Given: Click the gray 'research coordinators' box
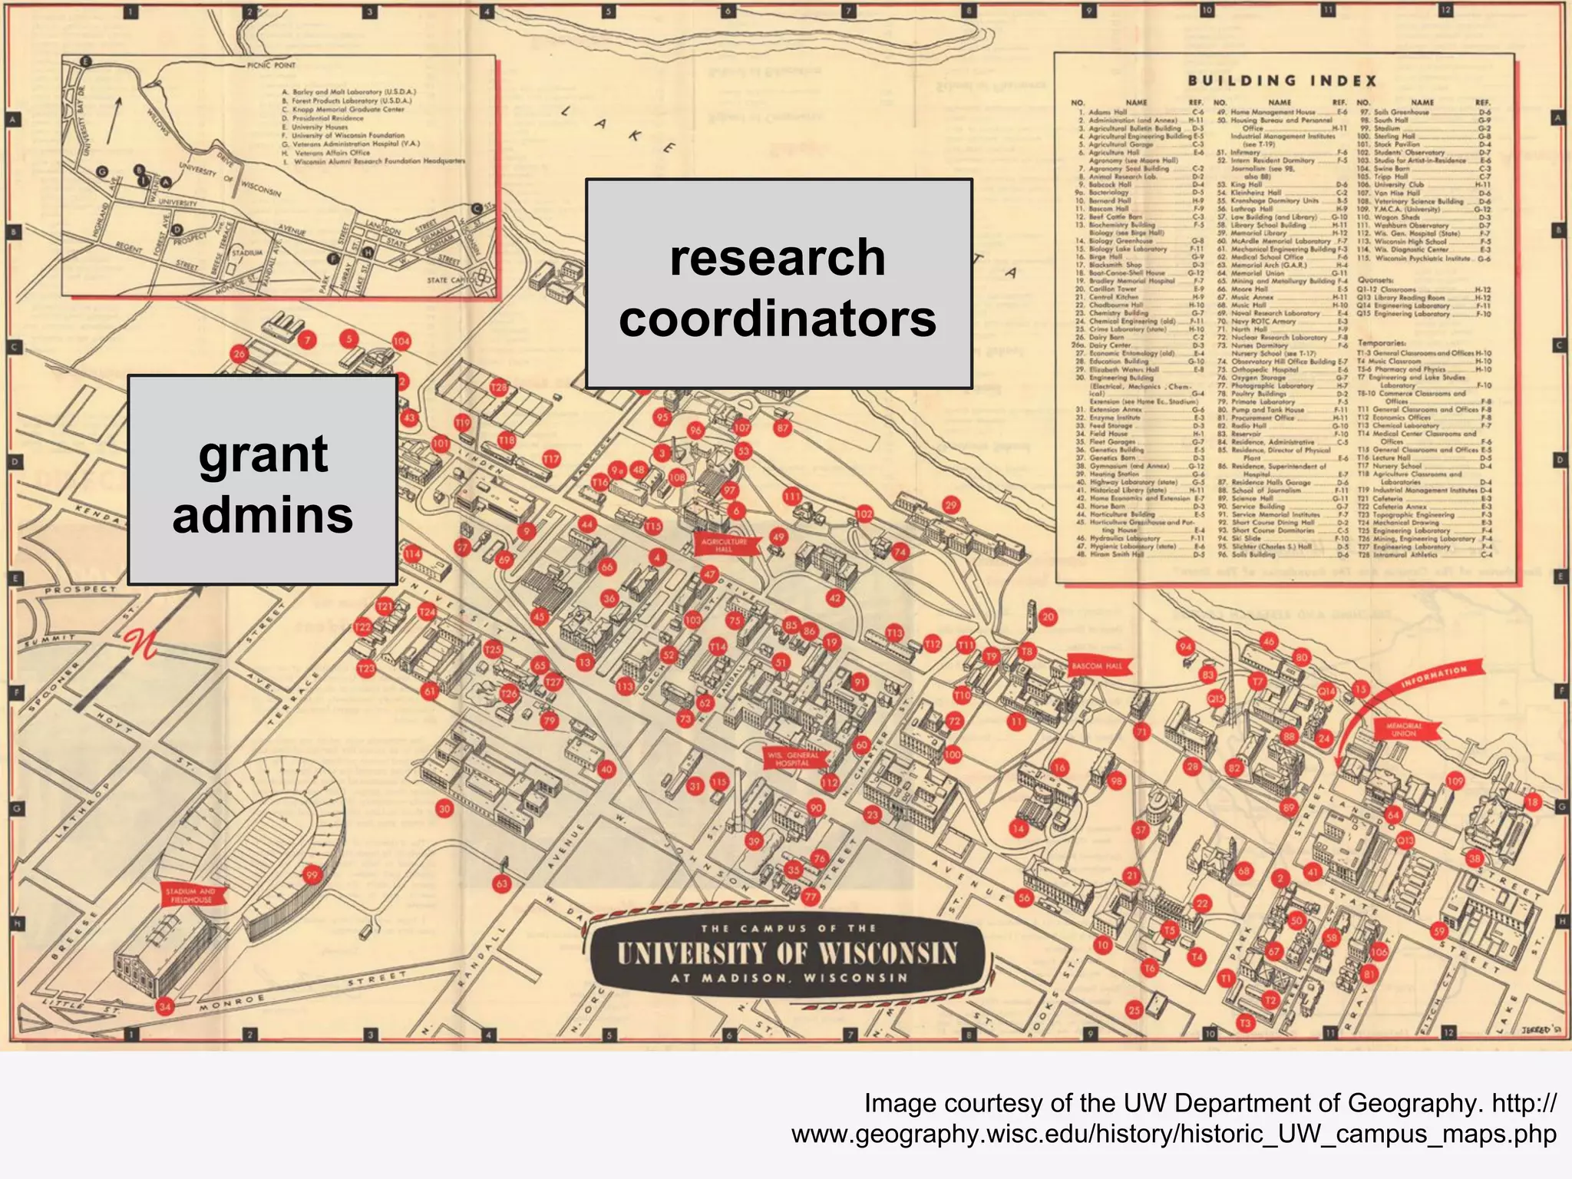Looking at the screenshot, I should [x=778, y=284].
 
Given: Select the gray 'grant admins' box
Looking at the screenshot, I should [x=263, y=481].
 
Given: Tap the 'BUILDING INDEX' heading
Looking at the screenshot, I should [x=1283, y=81].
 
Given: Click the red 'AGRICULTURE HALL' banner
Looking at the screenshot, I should [x=724, y=546].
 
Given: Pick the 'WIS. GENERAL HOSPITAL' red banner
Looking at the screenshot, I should [x=793, y=759].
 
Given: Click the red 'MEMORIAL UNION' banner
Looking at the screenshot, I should [x=1403, y=729].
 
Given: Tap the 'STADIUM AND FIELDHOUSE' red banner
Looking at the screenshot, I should [x=191, y=895].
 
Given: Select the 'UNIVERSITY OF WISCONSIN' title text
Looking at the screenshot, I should [x=788, y=953].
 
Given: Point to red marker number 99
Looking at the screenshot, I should [x=312, y=875].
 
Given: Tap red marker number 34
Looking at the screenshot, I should [x=164, y=1006].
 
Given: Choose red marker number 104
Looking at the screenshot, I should [x=401, y=341].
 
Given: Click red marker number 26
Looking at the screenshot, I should [x=239, y=354].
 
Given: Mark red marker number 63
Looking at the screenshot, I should [x=501, y=883].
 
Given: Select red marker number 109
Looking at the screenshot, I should [x=1455, y=781].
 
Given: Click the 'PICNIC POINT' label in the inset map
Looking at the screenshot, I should [x=271, y=65].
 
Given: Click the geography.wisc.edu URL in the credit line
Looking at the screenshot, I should [x=1174, y=1134].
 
